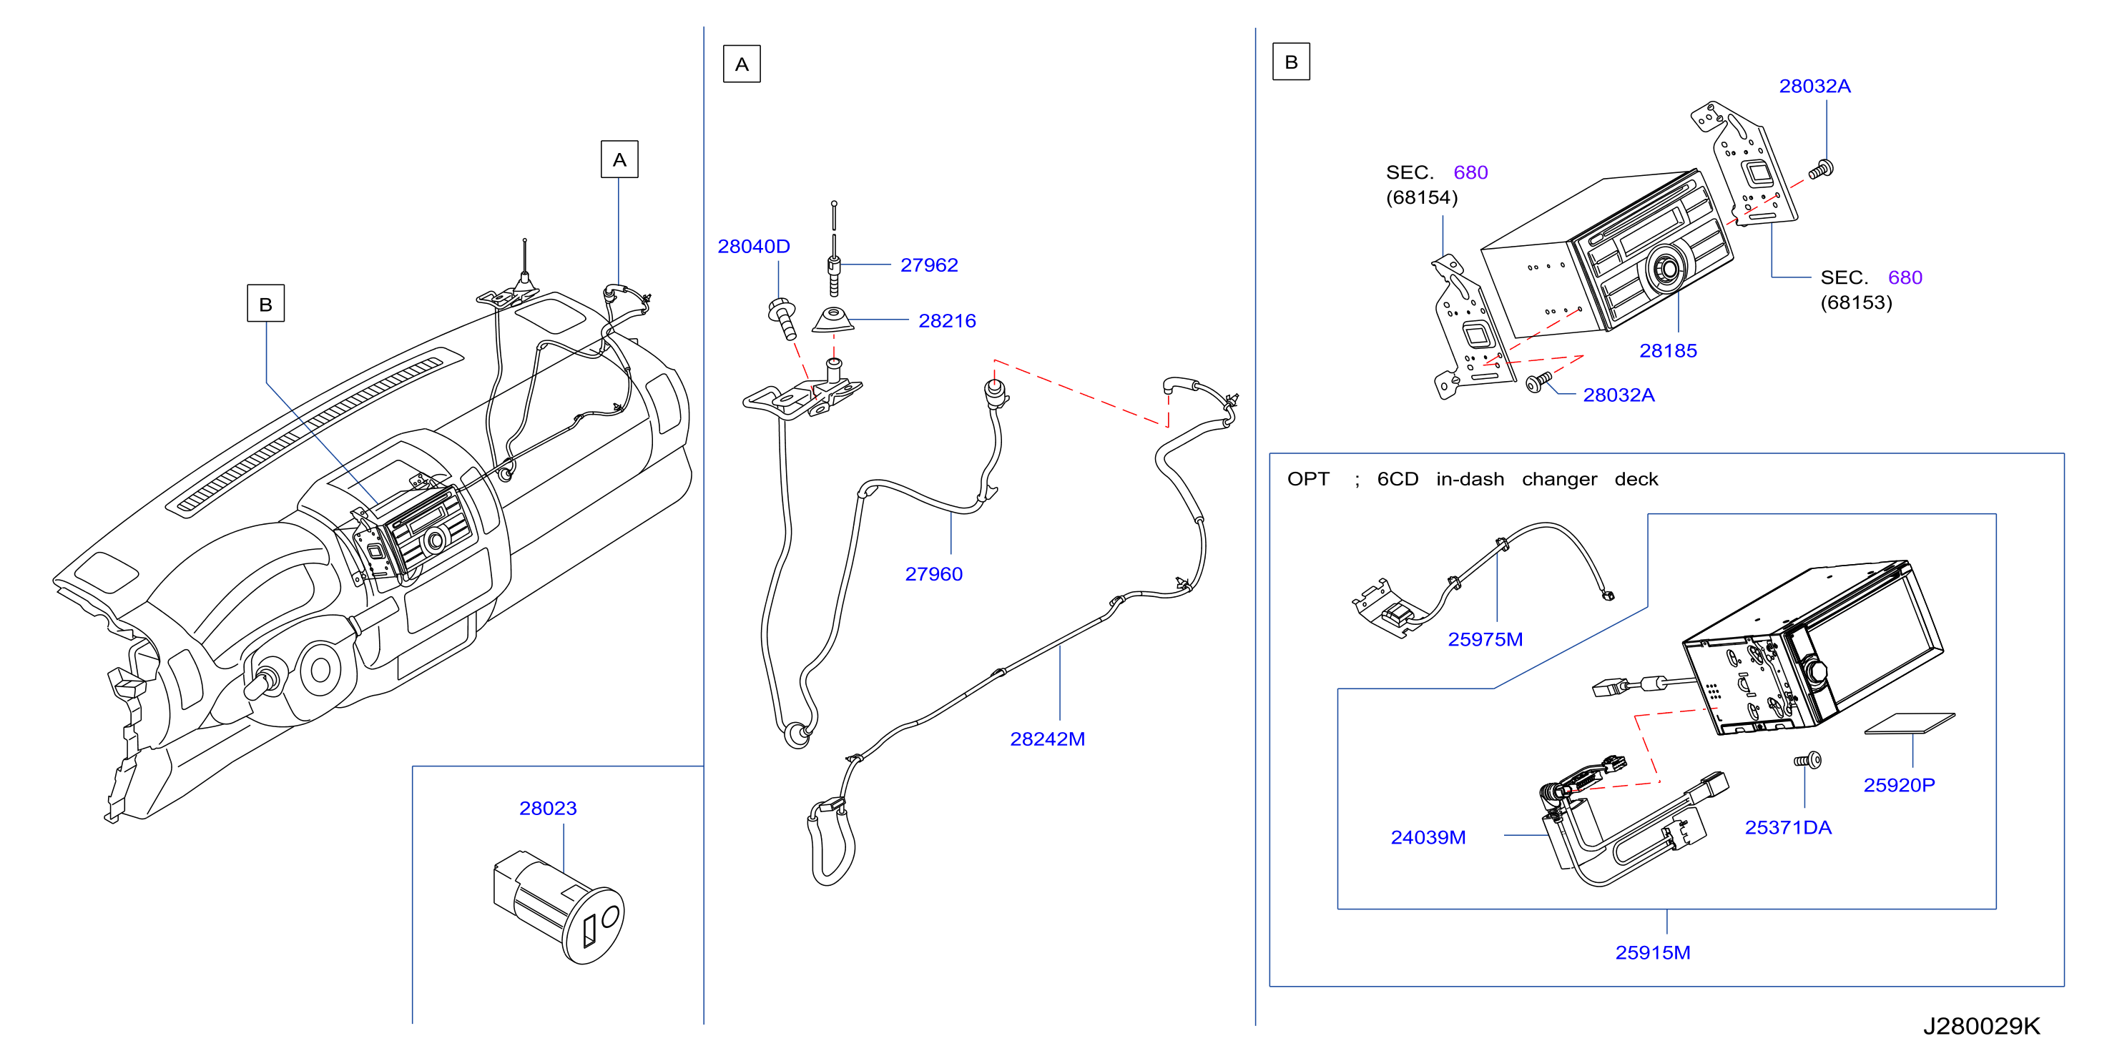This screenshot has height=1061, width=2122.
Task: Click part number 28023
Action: [548, 808]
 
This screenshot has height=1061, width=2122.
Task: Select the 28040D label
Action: [754, 246]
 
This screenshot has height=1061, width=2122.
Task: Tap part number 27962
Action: [929, 265]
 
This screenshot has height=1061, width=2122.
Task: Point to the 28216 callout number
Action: [948, 321]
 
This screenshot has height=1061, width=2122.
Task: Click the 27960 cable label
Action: [934, 574]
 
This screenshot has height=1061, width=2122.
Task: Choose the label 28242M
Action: [1048, 739]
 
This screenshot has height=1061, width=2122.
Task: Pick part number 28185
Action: [1668, 351]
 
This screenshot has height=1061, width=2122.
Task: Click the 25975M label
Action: [1485, 639]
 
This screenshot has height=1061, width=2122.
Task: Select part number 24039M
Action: [1428, 837]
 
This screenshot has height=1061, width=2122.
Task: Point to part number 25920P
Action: [1900, 785]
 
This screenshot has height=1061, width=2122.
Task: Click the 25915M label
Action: [1652, 952]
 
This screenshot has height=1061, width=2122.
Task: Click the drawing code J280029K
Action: [1982, 1025]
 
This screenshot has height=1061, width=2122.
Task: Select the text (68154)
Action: [1422, 198]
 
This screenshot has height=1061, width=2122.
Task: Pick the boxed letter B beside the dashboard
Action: [266, 303]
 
